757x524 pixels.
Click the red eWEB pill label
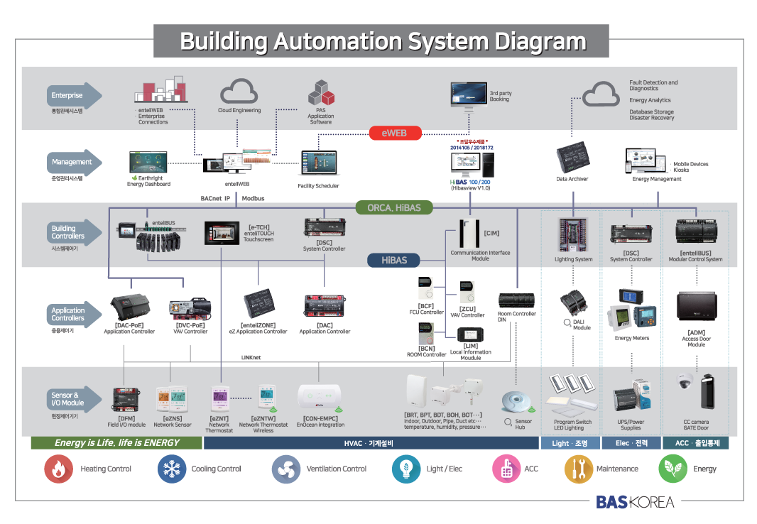[x=394, y=133]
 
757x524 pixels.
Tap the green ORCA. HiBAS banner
[x=394, y=207]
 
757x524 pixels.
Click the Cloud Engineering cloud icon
[x=239, y=92]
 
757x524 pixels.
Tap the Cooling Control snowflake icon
[x=170, y=469]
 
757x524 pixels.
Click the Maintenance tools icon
[x=578, y=469]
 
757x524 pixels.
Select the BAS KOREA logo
[x=635, y=502]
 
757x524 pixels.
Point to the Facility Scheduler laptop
[x=317, y=164]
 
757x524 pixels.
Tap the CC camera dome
[x=685, y=382]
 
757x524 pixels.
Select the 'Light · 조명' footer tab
[x=570, y=443]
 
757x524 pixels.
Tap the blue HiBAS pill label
[x=394, y=260]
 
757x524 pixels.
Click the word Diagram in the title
[x=540, y=41]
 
